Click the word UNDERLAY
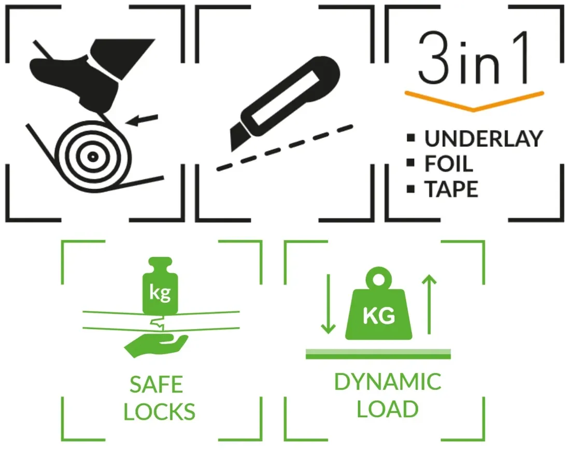[483, 139]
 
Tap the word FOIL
[449, 164]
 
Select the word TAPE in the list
[451, 190]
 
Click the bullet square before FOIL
[412, 164]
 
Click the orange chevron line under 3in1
[474, 99]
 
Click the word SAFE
[156, 385]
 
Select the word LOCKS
[159, 411]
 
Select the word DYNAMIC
[387, 382]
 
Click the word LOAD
[387, 409]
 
